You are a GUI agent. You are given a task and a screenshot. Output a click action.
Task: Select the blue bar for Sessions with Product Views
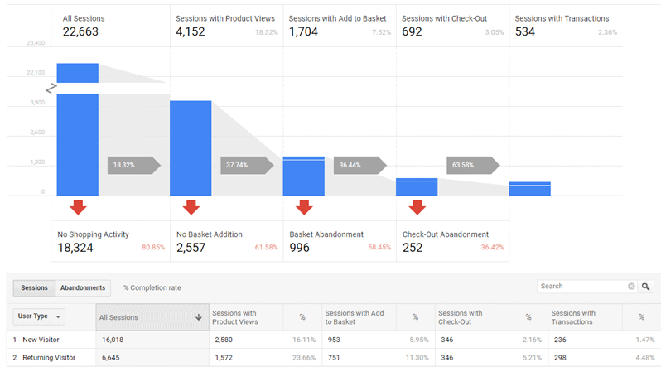point(191,148)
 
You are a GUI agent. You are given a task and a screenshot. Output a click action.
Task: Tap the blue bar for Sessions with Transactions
point(529,189)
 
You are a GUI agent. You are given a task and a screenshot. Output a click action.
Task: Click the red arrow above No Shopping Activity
point(78,207)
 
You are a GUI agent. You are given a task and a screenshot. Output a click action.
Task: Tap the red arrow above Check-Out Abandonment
point(417,207)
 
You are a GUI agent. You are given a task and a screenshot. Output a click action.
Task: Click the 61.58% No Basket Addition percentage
point(264,248)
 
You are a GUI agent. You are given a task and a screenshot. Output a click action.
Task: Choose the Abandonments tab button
point(84,287)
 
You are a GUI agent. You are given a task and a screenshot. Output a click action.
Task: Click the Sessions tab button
point(34,287)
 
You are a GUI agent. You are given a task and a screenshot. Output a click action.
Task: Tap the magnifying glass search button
point(646,287)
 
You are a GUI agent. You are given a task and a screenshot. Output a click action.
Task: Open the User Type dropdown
point(41,316)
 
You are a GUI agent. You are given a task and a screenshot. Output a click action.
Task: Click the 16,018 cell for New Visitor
point(112,340)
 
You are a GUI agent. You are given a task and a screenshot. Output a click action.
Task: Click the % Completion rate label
point(152,287)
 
